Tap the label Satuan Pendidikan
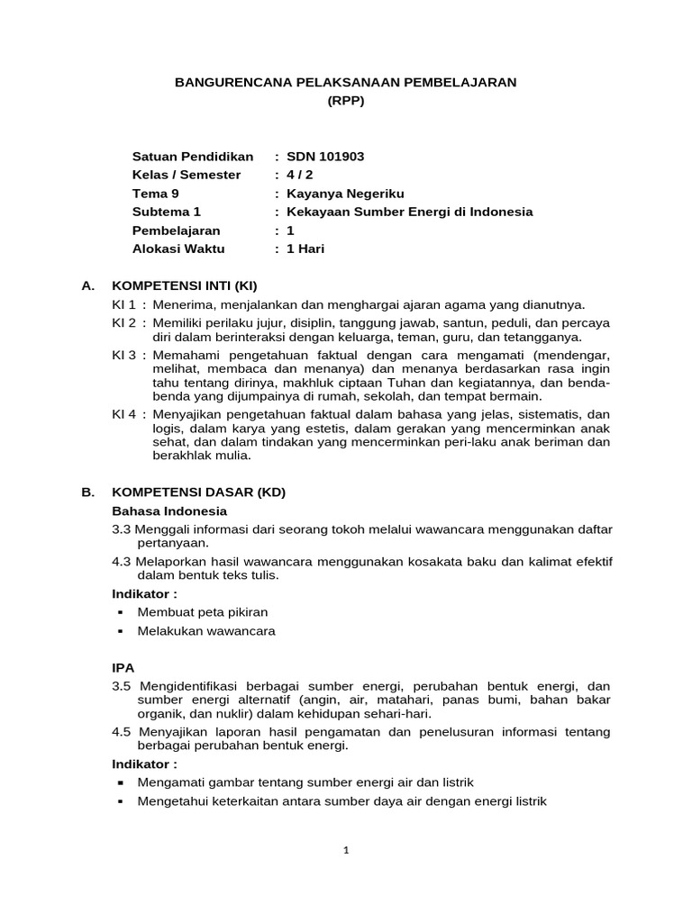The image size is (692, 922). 193,156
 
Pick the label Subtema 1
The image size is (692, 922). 166,212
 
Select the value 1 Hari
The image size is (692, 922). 305,249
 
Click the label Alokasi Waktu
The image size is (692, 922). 178,249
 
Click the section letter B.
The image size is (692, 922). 87,493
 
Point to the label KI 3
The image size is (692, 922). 124,355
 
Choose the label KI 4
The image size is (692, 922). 124,414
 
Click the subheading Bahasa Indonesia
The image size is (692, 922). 169,511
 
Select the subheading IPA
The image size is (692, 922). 123,668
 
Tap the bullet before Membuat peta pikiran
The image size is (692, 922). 119,613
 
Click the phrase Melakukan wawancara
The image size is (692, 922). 206,631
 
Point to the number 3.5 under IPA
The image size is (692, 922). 122,686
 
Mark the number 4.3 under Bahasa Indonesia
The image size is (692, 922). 122,562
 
